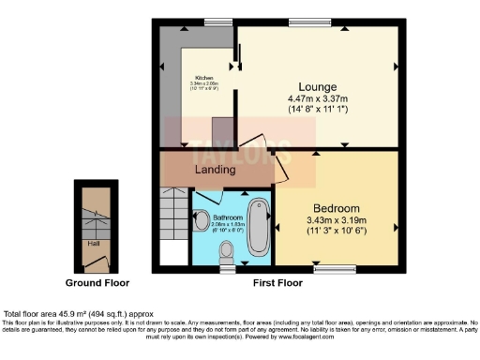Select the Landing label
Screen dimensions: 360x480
(215, 170)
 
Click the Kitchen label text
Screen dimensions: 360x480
(205, 77)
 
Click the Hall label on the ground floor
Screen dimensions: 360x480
(95, 243)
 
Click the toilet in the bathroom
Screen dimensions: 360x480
(226, 251)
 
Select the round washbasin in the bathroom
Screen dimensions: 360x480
(202, 220)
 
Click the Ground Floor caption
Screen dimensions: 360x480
(97, 281)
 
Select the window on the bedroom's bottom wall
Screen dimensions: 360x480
(336, 269)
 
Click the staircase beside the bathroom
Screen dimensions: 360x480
(172, 216)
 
